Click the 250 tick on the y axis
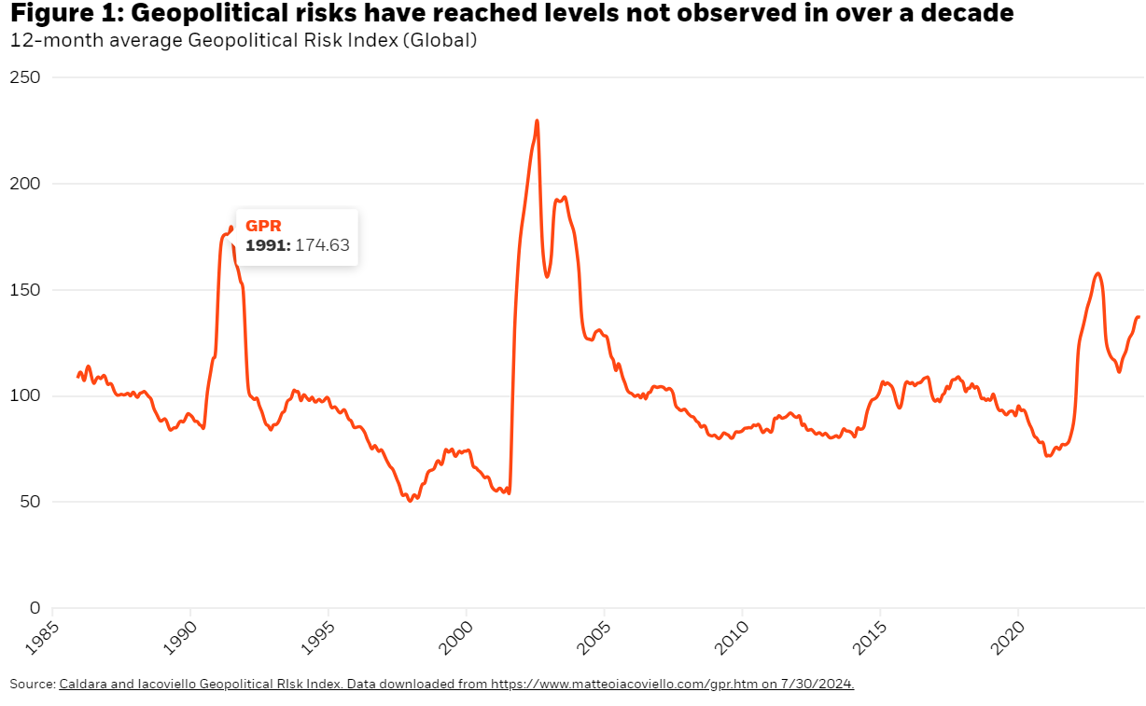pyautogui.click(x=26, y=77)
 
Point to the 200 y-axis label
pyautogui.click(x=26, y=184)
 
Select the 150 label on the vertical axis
pyautogui.click(x=26, y=290)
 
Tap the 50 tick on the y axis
pyautogui.click(x=31, y=502)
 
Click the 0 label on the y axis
pyautogui.click(x=35, y=608)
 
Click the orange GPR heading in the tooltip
pyautogui.click(x=263, y=226)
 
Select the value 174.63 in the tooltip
pyautogui.click(x=322, y=245)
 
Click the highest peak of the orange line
pyautogui.click(x=537, y=120)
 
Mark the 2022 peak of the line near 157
pyautogui.click(x=1097, y=273)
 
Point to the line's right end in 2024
pyautogui.click(x=1139, y=317)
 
